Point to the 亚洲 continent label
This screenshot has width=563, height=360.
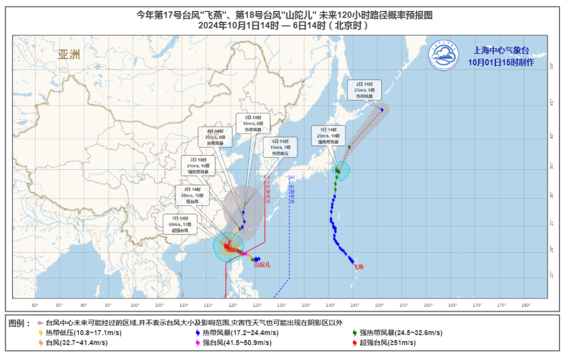pyautogui.click(x=69, y=55)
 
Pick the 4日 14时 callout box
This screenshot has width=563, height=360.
pyautogui.click(x=215, y=136)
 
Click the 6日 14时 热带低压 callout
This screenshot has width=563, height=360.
pyautogui.click(x=280, y=147)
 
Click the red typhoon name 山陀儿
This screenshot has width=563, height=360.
pyautogui.click(x=262, y=265)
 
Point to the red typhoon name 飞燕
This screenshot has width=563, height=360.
pyautogui.click(x=358, y=267)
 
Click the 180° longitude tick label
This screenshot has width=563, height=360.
pyautogui.click(x=525, y=305)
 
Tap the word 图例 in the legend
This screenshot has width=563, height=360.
pyautogui.click(x=19, y=323)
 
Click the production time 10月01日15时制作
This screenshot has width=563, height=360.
pyautogui.click(x=500, y=63)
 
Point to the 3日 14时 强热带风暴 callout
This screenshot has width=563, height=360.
pyautogui.click(x=197, y=165)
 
